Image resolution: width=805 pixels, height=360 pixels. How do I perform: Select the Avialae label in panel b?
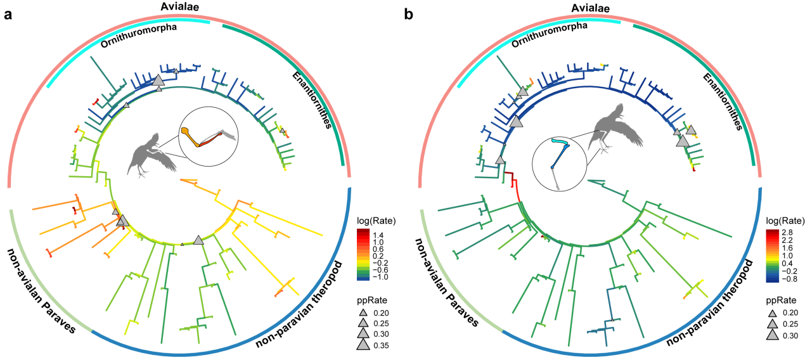[x=586, y=7]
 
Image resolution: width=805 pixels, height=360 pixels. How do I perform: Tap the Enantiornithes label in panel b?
[x=723, y=101]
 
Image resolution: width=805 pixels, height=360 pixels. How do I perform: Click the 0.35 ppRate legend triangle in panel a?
[x=363, y=345]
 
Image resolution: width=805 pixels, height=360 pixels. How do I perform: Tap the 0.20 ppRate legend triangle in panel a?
[x=363, y=312]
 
